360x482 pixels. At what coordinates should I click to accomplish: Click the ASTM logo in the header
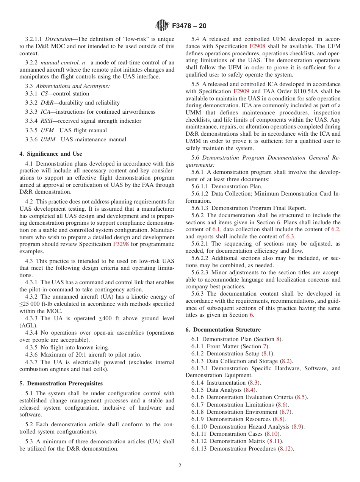[162, 26]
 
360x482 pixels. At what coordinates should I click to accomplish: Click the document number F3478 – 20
[189, 26]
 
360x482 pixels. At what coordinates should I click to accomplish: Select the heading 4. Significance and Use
[51, 154]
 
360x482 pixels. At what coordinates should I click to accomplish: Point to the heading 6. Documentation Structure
[223, 330]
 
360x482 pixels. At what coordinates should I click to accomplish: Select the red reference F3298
[121, 244]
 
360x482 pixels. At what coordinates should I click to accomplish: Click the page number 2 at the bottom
[180, 466]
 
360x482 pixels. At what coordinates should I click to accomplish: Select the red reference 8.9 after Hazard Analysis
[299, 427]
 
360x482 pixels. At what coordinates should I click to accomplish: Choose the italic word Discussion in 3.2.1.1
[58, 39]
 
